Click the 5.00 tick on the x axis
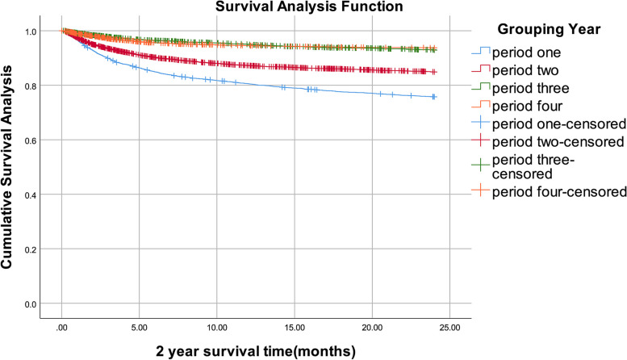click(139, 328)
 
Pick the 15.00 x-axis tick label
click(295, 328)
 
